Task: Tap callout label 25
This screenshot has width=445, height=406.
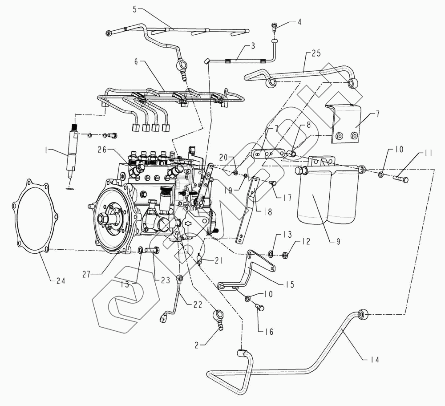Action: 316,53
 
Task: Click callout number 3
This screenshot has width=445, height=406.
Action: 253,46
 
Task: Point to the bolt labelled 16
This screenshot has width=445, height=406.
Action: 260,308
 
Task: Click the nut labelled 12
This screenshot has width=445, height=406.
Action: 285,255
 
